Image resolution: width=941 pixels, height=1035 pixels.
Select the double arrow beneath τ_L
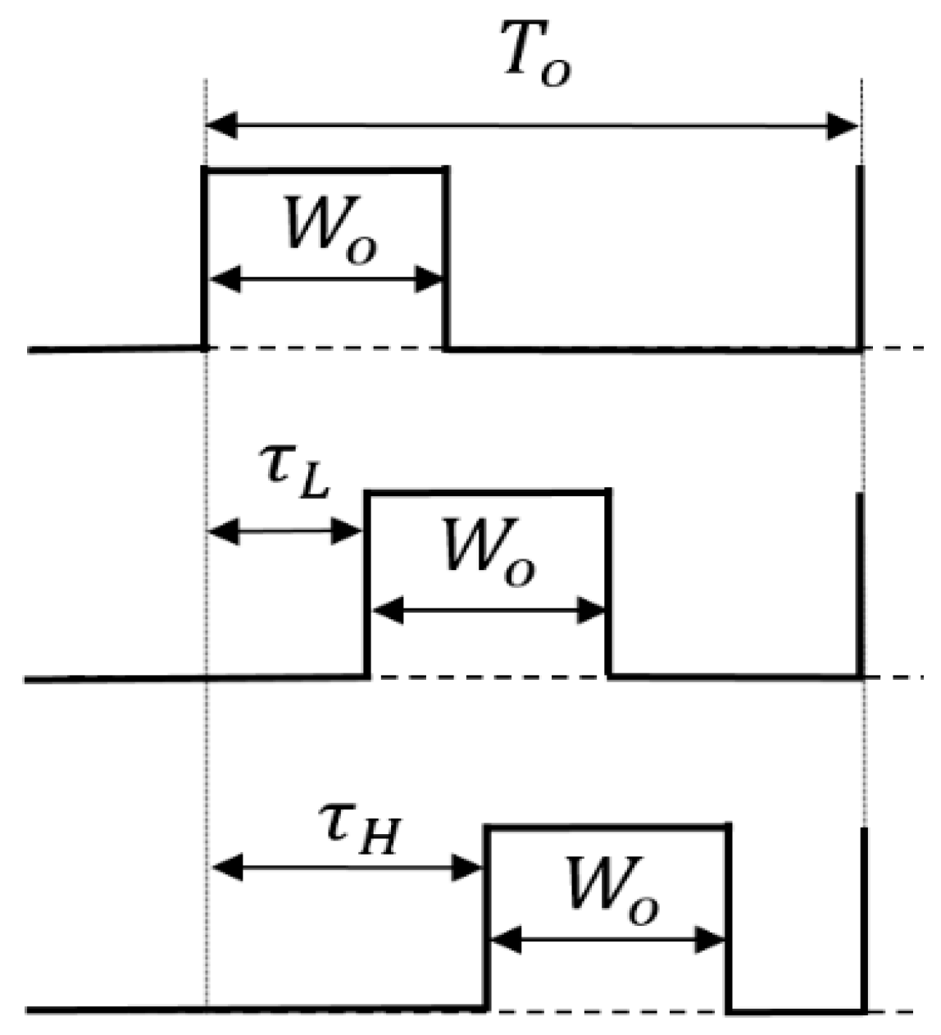(x=285, y=532)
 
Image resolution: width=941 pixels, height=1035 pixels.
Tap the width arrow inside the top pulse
(x=325, y=280)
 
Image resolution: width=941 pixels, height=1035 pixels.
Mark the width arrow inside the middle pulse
(x=489, y=610)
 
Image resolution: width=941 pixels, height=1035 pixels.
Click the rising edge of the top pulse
(x=204, y=258)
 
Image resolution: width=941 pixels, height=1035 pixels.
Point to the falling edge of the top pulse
(x=445, y=258)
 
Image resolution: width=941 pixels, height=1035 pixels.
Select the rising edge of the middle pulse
(x=366, y=584)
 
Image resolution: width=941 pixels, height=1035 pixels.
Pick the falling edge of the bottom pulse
(x=728, y=919)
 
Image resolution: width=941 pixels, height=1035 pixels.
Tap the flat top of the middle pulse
(x=488, y=492)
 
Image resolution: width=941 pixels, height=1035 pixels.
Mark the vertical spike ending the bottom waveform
(x=863, y=919)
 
